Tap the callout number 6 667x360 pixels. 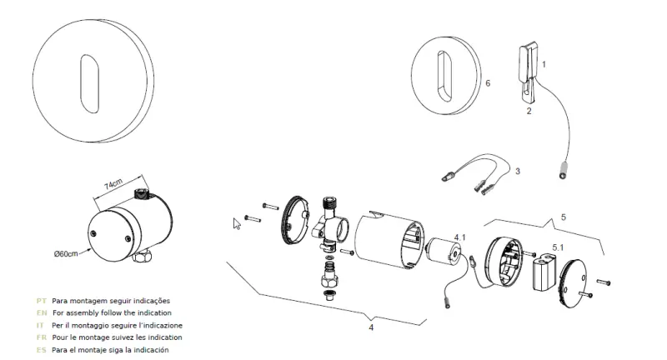[487, 83]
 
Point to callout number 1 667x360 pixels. [544, 63]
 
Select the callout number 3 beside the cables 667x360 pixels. [517, 171]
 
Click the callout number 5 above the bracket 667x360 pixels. [563, 217]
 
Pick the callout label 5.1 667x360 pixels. [559, 247]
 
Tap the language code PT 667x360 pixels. [41, 300]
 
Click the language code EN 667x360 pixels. [41, 312]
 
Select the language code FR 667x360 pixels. [41, 337]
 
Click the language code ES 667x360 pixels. [41, 350]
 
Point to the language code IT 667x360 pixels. [41, 325]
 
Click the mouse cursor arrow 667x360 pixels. [236, 222]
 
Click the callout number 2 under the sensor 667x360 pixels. [529, 109]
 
